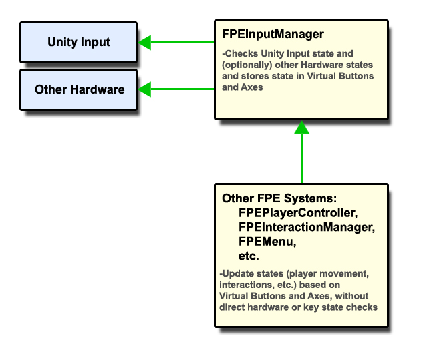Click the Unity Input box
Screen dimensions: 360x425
[x=78, y=42]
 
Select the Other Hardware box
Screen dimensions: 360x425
[x=78, y=89]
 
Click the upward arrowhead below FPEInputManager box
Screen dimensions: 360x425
[x=301, y=127]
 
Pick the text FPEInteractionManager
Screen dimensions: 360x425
[x=305, y=228]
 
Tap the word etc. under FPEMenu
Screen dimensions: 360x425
[x=249, y=256]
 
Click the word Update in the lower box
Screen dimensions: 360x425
[x=237, y=275]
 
